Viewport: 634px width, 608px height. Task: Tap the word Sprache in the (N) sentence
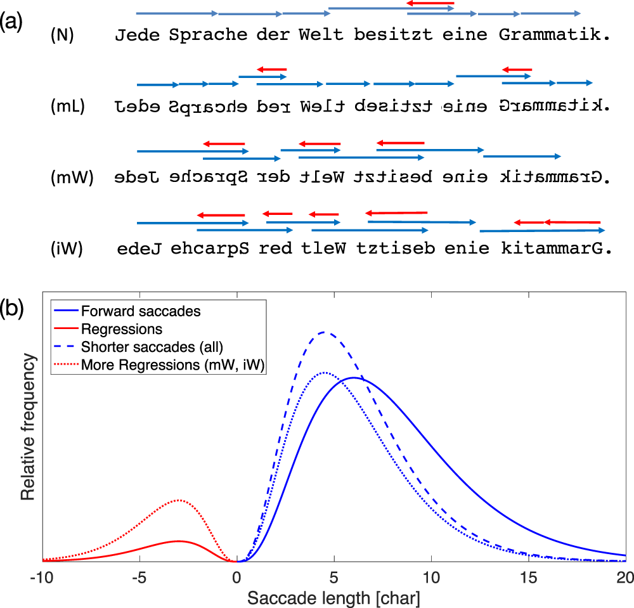click(208, 35)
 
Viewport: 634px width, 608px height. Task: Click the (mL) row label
click(64, 107)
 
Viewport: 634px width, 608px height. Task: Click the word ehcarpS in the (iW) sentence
click(209, 249)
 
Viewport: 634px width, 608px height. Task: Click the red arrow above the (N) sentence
click(430, 3)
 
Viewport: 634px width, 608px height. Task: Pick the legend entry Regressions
click(121, 329)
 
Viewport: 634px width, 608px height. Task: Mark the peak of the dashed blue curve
click(325, 332)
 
